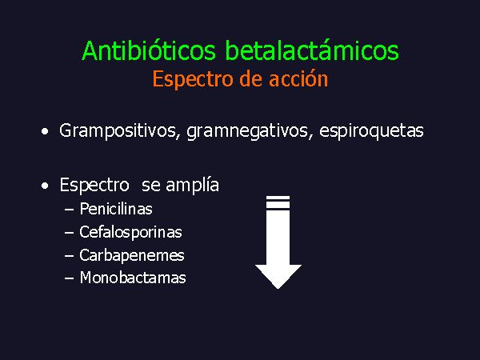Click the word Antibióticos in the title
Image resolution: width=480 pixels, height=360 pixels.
[x=149, y=50]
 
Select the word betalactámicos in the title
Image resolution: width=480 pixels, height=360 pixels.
[x=312, y=50]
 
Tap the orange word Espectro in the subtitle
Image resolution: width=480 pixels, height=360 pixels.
[x=193, y=79]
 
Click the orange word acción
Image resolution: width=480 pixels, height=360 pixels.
[x=298, y=78]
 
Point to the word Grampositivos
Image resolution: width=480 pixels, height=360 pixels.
[x=118, y=131]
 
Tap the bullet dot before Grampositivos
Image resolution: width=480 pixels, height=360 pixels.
[x=45, y=132]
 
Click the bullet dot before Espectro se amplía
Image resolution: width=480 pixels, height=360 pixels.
[x=45, y=186]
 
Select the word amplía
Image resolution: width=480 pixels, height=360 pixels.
[x=192, y=186]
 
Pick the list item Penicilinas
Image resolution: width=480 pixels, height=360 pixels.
[x=116, y=209]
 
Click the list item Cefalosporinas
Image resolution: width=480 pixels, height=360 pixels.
[x=130, y=232]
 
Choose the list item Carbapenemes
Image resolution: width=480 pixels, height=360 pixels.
[x=132, y=255]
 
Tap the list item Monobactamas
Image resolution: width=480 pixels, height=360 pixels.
[x=133, y=278]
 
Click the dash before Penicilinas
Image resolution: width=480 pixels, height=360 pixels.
[x=69, y=210]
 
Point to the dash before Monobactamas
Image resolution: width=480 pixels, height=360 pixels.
[x=69, y=278]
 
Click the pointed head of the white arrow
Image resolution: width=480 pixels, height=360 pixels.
[x=278, y=288]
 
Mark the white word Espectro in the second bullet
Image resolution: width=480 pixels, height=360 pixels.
[x=94, y=186]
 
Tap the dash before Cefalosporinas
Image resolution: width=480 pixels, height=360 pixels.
[x=69, y=233]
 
